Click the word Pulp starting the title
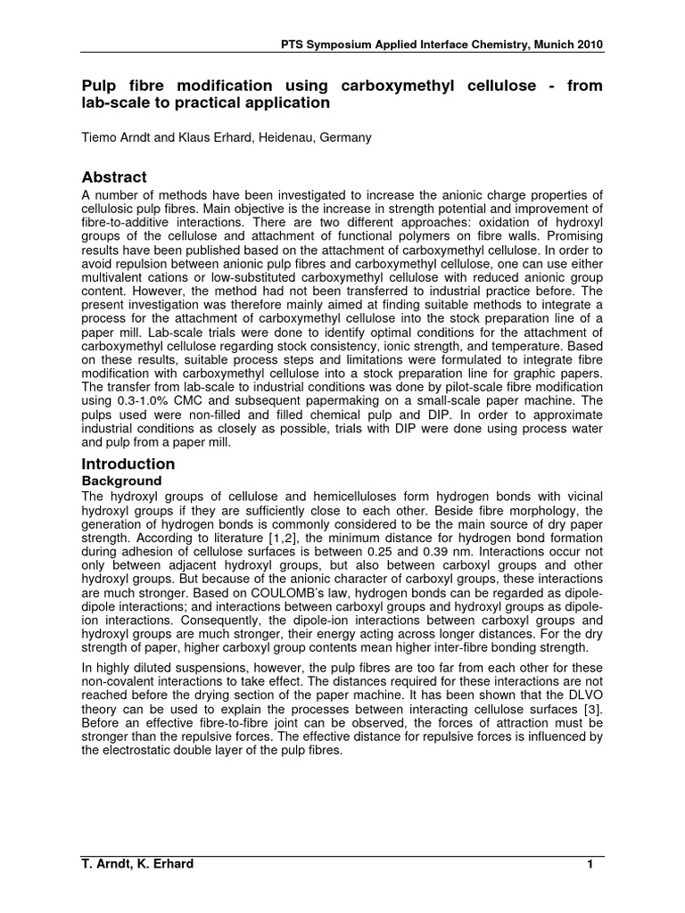(98, 86)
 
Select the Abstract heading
(114, 177)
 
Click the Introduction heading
(128, 464)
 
